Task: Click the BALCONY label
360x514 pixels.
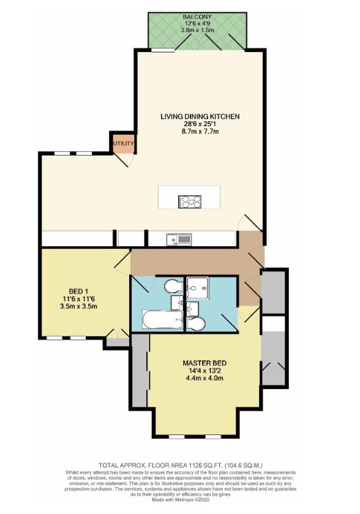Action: (x=197, y=18)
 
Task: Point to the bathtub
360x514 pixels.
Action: (x=161, y=319)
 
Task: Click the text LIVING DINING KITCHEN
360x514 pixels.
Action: (x=200, y=116)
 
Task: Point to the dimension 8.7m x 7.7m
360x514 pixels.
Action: (x=200, y=131)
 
